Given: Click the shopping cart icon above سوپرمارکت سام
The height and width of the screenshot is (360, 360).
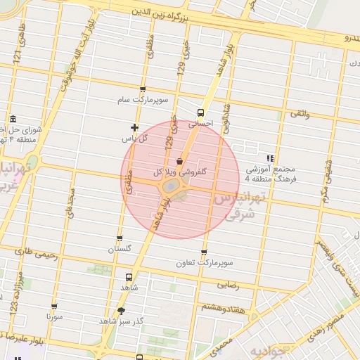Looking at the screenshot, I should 143,90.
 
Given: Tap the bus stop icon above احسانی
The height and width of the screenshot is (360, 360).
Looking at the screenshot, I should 201,112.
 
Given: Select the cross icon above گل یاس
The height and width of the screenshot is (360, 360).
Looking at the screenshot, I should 134,128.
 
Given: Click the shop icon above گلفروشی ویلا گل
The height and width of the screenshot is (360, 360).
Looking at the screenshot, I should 180,162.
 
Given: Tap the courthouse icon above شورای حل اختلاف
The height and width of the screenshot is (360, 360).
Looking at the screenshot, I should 13,119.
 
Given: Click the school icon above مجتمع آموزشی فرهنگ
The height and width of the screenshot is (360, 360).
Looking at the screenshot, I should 271,158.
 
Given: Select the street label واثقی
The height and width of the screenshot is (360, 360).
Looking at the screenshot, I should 300,113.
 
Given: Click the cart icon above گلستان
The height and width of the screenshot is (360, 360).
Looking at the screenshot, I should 119,238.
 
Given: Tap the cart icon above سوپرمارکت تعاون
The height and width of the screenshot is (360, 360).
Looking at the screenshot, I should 204,252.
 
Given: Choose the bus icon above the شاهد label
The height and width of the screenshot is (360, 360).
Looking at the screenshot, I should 129,277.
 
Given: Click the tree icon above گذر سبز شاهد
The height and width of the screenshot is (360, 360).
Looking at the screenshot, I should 122,310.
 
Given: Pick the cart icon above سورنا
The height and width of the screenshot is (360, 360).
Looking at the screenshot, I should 55,307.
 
